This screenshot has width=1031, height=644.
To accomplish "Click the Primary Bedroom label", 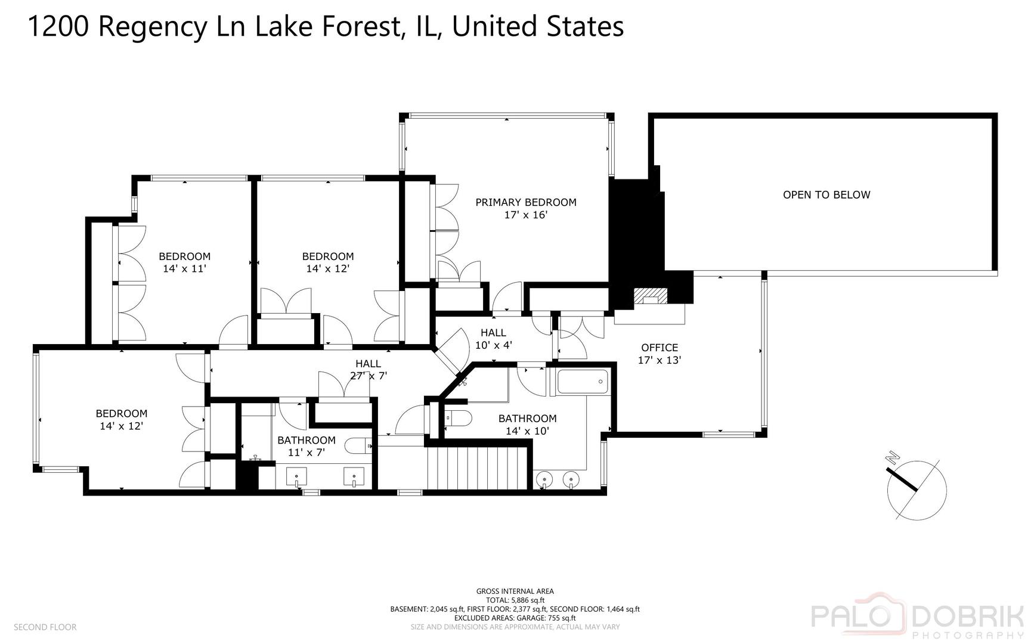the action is (x=526, y=202).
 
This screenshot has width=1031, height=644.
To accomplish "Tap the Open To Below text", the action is (x=826, y=194).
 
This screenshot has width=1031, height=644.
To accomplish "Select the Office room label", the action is (x=660, y=348).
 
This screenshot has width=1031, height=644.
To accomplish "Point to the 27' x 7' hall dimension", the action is (x=369, y=376).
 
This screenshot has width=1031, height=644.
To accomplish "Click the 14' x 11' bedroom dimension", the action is (x=184, y=268).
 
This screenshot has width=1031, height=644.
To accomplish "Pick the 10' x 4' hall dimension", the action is (x=493, y=345).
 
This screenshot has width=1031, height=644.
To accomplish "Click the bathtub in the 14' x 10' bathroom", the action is (x=583, y=382).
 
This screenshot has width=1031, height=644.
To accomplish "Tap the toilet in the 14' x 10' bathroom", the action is (x=458, y=417).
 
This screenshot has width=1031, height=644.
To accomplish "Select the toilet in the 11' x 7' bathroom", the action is (x=359, y=445).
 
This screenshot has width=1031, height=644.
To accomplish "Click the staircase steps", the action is (x=478, y=468).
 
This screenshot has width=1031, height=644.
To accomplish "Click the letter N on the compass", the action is (x=893, y=457).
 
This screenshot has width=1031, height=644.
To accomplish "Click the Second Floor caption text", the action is (x=45, y=627).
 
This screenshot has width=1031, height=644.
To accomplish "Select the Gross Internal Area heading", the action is (x=515, y=592).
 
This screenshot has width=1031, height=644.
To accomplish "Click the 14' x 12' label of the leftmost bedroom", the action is (x=122, y=426).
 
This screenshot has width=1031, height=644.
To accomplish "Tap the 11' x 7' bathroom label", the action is (x=306, y=453).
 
